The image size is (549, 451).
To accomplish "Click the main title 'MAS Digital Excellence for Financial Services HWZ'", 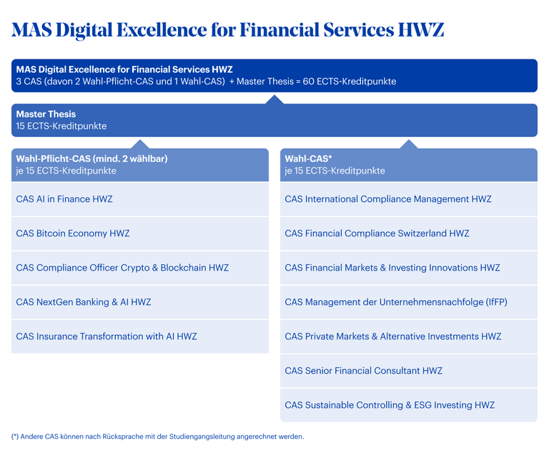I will point(227,29).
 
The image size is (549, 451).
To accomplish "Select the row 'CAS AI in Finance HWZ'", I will point(64,199).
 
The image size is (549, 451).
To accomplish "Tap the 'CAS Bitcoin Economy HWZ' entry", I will point(73,233).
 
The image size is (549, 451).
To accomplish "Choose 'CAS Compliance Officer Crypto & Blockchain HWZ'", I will point(122,268).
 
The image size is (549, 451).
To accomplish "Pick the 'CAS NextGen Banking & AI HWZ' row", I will point(84,302).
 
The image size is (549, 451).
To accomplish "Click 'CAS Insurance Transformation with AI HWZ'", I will point(107,336).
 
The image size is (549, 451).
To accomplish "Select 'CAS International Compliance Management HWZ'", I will point(388,199).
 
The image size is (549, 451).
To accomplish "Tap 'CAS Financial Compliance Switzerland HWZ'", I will point(377,233).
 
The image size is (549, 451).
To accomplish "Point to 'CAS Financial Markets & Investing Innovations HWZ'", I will point(392,268).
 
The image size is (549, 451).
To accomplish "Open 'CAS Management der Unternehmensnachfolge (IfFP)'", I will point(396,302).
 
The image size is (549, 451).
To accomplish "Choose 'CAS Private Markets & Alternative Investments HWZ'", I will point(392,336).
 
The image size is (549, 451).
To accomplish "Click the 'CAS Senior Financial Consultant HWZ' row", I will point(363,371).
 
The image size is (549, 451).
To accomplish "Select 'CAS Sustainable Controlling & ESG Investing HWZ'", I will point(390,405).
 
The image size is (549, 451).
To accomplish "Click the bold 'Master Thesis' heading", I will point(46,115).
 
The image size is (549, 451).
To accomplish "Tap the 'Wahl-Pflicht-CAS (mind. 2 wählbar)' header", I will point(91,159).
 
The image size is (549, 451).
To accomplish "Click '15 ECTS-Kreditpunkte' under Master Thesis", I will point(61,126).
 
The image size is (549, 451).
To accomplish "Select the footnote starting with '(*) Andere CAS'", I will point(157,436).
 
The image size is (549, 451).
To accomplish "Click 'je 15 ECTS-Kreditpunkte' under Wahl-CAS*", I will point(335,170).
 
